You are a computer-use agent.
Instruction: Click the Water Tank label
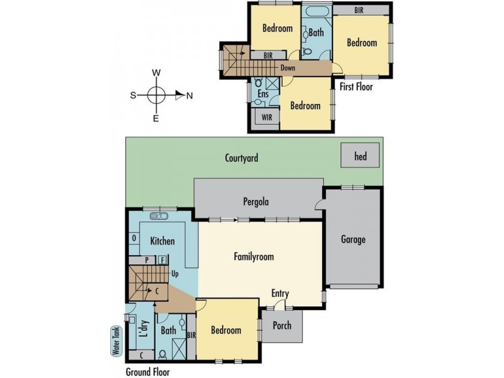[x=117, y=340]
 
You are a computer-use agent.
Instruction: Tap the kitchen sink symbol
[x=159, y=216]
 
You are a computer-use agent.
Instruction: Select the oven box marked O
[x=134, y=238]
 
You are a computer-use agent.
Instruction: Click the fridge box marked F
[x=163, y=260]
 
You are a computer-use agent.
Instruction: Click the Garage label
[x=353, y=239]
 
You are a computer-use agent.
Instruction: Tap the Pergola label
[x=256, y=202]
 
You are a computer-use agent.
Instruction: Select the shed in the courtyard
[x=360, y=155]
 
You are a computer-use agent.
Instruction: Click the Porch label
[x=282, y=325]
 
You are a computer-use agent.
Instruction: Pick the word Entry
[x=280, y=294]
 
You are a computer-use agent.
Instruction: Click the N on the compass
[x=190, y=96]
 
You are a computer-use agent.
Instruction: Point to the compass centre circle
[x=156, y=96]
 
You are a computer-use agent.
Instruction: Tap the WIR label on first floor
[x=266, y=117]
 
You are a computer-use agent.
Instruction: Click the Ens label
[x=263, y=94]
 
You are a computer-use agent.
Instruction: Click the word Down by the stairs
[x=288, y=68]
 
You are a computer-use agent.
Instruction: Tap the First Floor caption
[x=356, y=86]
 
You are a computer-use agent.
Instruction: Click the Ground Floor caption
[x=147, y=372]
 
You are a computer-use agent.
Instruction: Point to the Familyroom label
[x=254, y=256]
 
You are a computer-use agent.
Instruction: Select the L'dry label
[x=144, y=328]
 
